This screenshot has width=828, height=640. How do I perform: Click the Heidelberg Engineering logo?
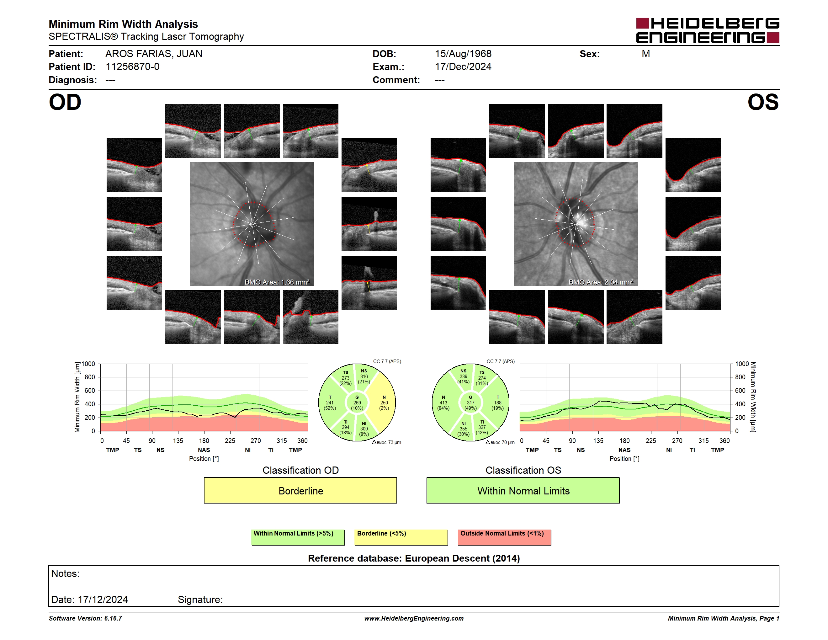coord(708,30)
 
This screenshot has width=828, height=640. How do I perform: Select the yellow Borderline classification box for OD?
coord(300,490)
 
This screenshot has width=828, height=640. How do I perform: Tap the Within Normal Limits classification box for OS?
coord(523,490)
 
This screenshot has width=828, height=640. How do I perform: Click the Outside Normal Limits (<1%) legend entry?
coord(504,537)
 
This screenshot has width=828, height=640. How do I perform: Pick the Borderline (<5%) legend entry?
coord(401,537)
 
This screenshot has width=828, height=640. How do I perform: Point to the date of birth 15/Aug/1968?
coord(463,54)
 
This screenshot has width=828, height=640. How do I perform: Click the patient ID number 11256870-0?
coord(132,67)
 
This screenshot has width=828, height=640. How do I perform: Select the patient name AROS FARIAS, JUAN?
coord(154,54)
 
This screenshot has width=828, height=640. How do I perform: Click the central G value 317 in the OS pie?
coord(470,403)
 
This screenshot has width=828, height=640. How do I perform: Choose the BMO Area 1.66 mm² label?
coord(277,282)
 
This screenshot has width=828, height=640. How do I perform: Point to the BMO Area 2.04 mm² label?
coord(601,282)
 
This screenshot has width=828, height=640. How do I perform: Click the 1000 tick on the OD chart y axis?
coord(88,364)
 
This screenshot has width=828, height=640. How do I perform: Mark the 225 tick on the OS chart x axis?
coord(650,440)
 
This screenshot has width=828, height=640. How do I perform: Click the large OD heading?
coord(65,102)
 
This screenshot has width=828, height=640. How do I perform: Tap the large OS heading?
coord(763,102)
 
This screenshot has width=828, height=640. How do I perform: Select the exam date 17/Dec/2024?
coord(463,67)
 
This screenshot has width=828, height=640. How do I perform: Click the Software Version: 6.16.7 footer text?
coord(85,618)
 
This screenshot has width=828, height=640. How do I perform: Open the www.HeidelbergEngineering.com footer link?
coord(414,618)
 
